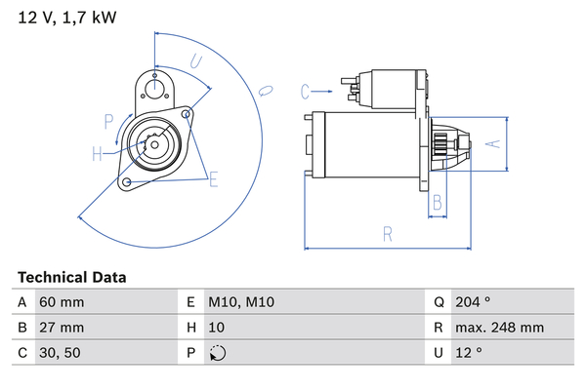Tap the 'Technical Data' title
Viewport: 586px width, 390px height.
pyautogui.click(x=71, y=277)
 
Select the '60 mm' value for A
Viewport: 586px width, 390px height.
pyautogui.click(x=62, y=302)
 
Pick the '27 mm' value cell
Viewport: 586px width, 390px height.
pyautogui.click(x=62, y=328)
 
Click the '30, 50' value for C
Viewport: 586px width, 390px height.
pyautogui.click(x=59, y=353)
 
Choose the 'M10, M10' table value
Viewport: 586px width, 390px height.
pyautogui.click(x=243, y=302)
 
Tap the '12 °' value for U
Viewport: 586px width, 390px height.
pyautogui.click(x=468, y=353)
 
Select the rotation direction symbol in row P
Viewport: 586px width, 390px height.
pyautogui.click(x=218, y=353)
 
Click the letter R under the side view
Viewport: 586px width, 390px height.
pyautogui.click(x=389, y=234)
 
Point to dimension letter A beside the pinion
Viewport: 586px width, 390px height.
pyautogui.click(x=493, y=143)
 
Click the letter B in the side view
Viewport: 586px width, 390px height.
pyautogui.click(x=439, y=203)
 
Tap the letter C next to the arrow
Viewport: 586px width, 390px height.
pyautogui.click(x=305, y=92)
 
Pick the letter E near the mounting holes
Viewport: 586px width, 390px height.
pyautogui.click(x=212, y=178)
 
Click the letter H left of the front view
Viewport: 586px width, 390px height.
pyautogui.click(x=97, y=152)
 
